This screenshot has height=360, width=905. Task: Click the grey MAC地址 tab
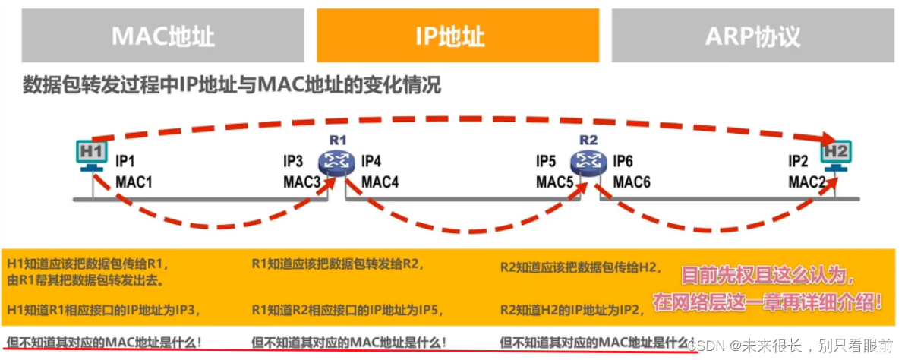162,36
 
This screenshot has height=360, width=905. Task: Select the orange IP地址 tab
458,36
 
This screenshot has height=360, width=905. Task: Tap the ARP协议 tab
753,36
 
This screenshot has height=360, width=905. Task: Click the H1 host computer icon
92,154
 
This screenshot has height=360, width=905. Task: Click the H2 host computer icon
836,155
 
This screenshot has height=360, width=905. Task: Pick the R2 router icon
585,159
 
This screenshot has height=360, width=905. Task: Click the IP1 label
125,162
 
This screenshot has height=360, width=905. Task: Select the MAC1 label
134,182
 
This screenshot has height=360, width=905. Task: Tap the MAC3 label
302,182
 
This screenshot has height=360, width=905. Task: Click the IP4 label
371,162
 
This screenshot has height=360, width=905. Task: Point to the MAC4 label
380,182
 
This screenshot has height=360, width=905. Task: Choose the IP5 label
547,162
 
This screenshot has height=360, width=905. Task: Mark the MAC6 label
632,182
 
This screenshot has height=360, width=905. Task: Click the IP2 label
798,162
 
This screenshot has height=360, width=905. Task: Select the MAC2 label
806,182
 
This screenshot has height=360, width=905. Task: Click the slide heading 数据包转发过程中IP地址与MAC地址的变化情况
232,86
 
